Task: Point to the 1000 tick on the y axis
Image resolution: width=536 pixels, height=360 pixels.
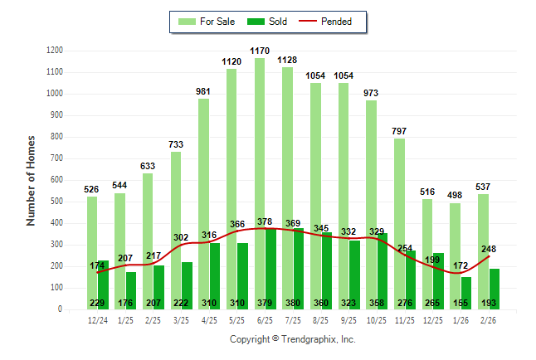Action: point(55,94)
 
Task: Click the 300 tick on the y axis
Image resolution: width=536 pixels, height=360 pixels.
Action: point(56,245)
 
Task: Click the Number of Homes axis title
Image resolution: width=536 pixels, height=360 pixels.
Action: point(32,180)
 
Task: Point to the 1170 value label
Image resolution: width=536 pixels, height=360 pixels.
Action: point(260,51)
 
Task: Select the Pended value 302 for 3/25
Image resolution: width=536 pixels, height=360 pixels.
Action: point(182,237)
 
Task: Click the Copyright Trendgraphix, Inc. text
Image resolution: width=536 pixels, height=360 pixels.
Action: point(292,340)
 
